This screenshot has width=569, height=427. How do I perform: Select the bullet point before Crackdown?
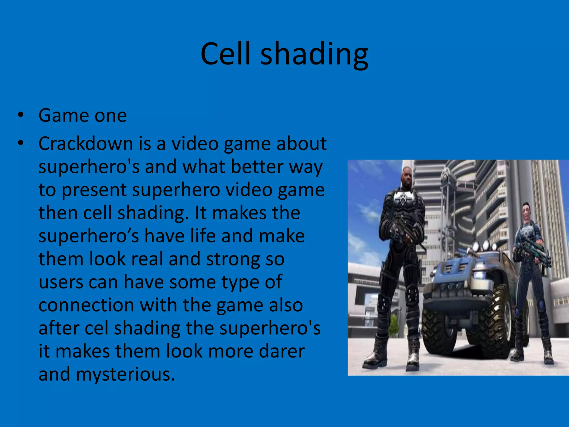[x=20, y=143]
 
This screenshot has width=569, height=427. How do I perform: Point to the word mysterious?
[x=125, y=374]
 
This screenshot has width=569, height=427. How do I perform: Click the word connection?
[x=86, y=305]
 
